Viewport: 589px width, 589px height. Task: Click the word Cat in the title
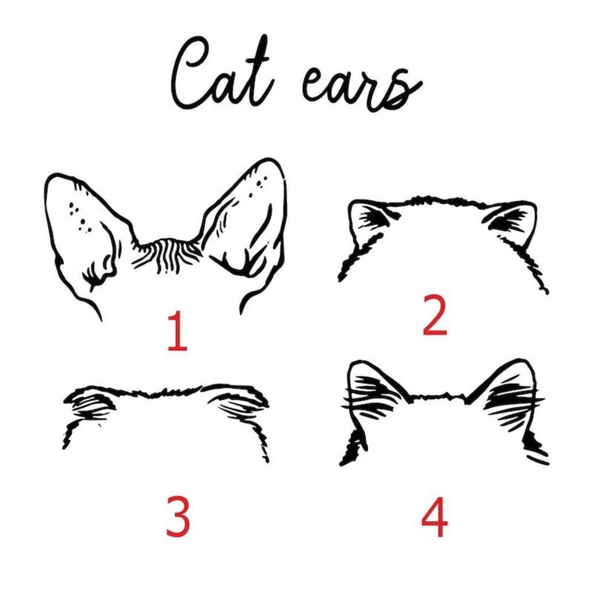[221, 73]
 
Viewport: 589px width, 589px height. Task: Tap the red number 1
[177, 331]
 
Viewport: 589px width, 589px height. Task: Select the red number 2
[435, 315]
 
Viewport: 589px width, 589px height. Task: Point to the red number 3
[178, 516]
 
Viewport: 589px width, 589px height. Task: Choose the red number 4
[435, 517]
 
